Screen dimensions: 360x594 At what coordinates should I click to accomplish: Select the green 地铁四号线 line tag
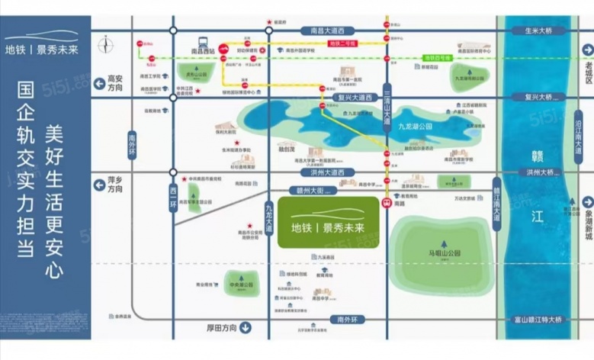coord(438,57)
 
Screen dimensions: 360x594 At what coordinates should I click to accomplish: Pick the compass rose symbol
coord(105,45)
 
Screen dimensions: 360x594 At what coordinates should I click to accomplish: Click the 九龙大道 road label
coord(269,209)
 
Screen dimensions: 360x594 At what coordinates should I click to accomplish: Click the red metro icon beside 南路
coord(387,203)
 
